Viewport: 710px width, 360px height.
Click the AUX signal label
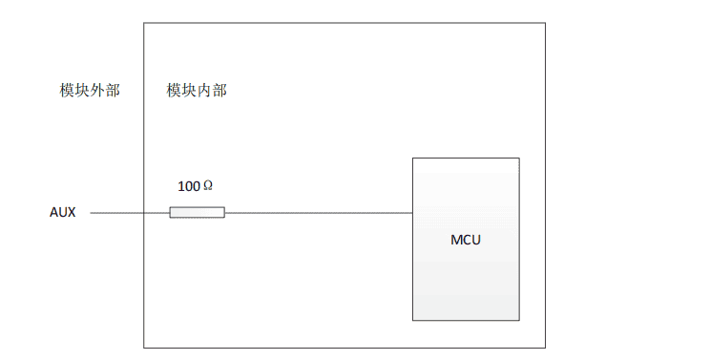tap(62, 212)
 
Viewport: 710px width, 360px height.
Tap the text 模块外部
tap(90, 91)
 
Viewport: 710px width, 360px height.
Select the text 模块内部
tap(197, 91)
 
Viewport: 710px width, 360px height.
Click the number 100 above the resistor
tap(189, 186)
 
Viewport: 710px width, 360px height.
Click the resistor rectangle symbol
tap(198, 212)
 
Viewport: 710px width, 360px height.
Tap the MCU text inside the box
tap(466, 239)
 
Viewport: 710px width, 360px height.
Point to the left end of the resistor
tap(171, 212)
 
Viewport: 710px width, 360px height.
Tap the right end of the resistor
tap(224, 212)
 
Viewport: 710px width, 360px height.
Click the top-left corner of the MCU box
tap(412, 159)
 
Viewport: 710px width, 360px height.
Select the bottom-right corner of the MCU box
tap(519, 320)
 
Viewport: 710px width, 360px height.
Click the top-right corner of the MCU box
tap(519, 159)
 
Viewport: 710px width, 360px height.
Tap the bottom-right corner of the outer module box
tap(546, 348)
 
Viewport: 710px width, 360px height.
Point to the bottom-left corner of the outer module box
tap(144, 348)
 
